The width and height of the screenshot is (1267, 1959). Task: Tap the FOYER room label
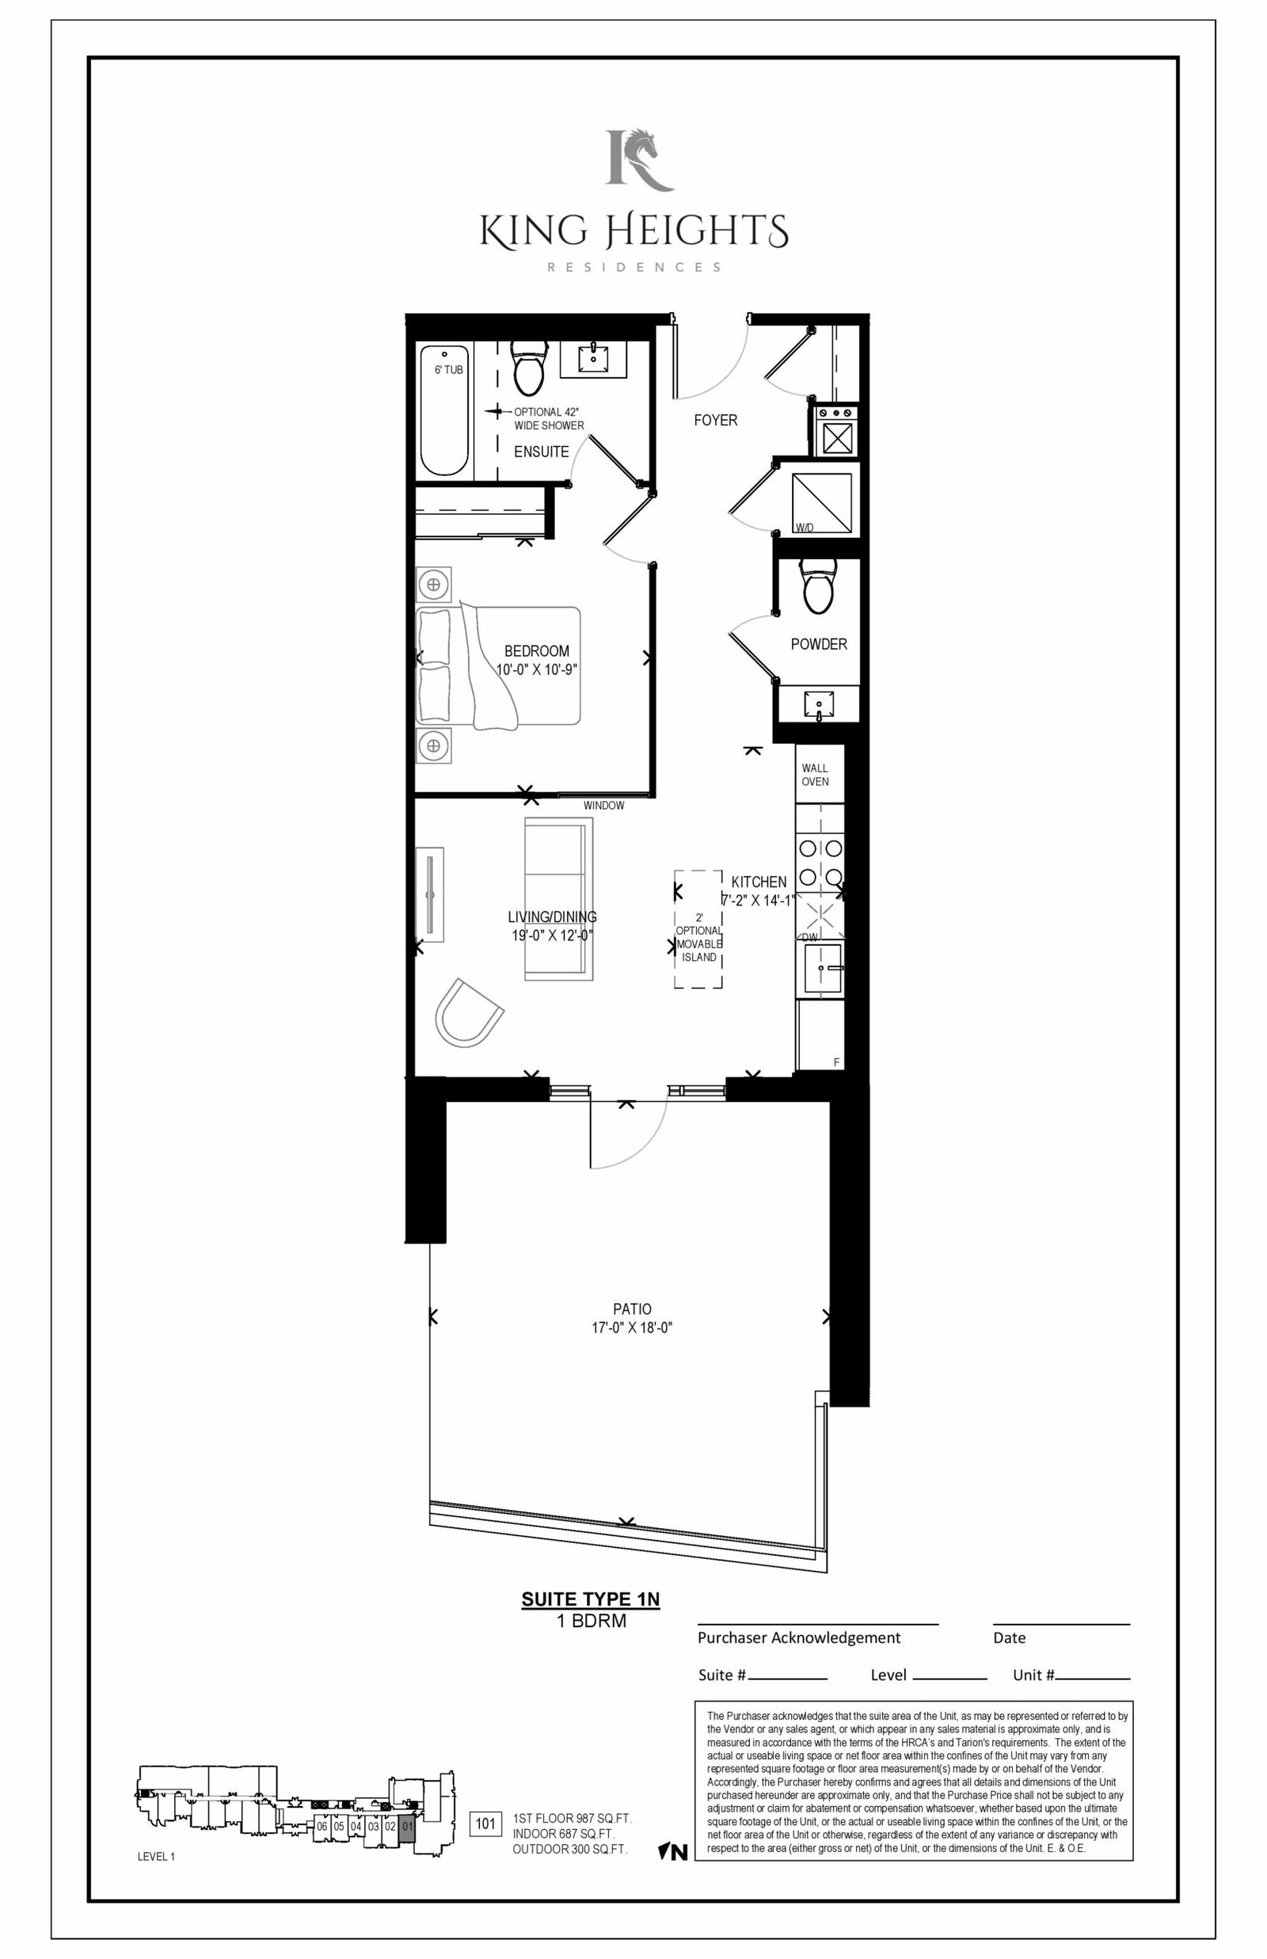(715, 421)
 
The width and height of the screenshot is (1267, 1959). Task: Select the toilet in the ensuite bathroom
(528, 368)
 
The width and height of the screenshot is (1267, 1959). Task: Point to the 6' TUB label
(448, 370)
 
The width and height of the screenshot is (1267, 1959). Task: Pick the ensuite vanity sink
(592, 358)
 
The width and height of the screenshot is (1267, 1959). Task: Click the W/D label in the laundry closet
(804, 528)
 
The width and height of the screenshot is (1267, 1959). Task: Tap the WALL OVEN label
(816, 775)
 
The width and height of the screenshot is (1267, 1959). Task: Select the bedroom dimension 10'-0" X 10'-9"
(537, 669)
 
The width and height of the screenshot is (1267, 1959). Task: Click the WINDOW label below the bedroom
(604, 806)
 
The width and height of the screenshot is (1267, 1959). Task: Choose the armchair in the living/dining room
(467, 1012)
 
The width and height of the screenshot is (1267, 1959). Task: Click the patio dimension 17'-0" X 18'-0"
(632, 1327)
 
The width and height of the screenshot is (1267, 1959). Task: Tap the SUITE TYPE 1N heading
(591, 1599)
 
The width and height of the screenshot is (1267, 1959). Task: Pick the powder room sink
(819, 704)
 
